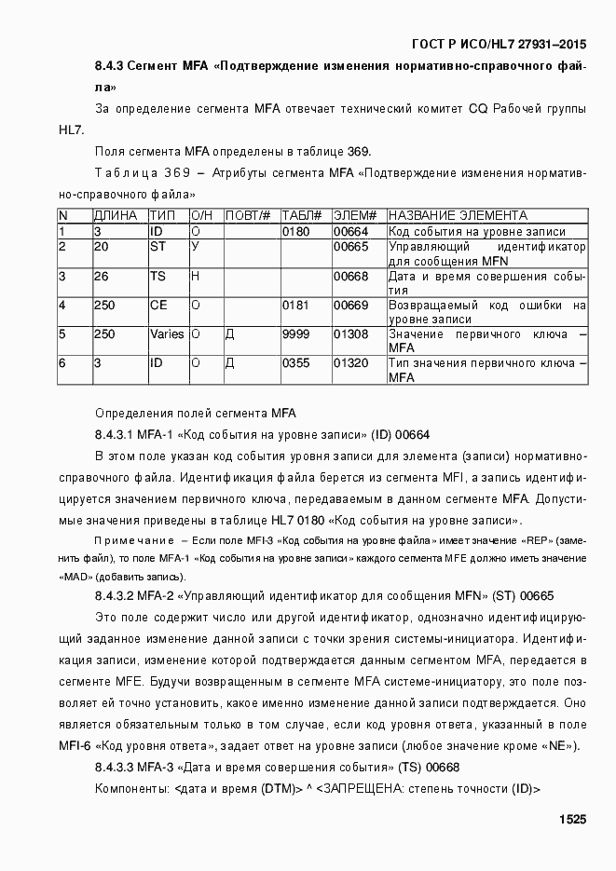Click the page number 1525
pos(572,820)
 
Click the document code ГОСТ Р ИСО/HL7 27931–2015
pos(500,45)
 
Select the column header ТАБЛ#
pos(302,215)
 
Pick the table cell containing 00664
pos(351,231)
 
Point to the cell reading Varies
pos(167,333)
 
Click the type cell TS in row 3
pos(157,276)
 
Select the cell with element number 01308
pos(351,333)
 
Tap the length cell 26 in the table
pos(102,276)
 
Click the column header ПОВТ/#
pos(248,215)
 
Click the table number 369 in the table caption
pos(177,173)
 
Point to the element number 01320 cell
pos(351,363)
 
